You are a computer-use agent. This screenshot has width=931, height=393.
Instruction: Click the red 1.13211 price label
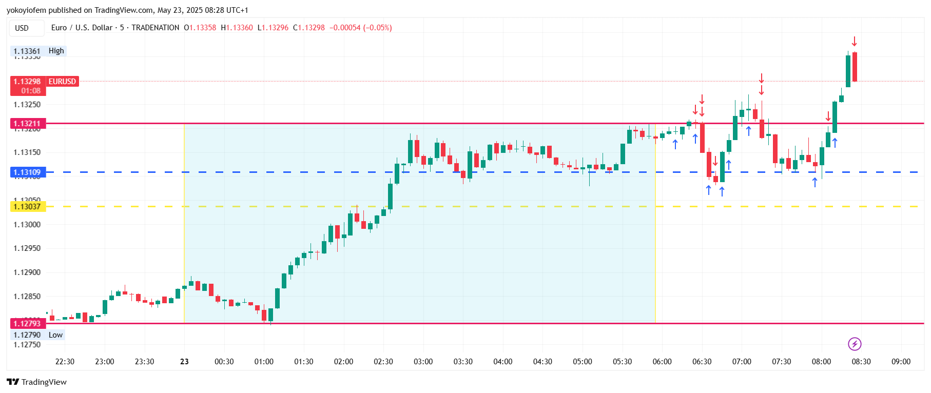click(28, 124)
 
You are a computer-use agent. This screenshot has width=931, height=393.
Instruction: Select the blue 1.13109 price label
click(28, 172)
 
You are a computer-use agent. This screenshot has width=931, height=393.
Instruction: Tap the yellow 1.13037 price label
click(28, 207)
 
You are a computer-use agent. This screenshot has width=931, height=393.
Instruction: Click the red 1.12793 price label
click(28, 323)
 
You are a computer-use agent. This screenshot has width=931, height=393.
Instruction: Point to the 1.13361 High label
click(38, 51)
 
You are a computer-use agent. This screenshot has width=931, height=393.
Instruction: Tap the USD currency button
click(22, 28)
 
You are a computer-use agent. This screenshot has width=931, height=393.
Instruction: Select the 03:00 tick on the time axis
click(423, 362)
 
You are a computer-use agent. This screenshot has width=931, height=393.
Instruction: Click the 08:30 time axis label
click(861, 362)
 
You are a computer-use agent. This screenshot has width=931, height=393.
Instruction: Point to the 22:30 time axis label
click(65, 362)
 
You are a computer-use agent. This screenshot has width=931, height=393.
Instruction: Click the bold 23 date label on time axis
click(184, 362)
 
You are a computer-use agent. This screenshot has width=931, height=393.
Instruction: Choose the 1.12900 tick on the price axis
click(27, 272)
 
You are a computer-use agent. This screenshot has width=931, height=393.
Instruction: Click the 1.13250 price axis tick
click(27, 105)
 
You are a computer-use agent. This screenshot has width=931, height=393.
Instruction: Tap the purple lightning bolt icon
click(855, 344)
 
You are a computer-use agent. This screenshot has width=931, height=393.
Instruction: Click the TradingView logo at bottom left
click(36, 382)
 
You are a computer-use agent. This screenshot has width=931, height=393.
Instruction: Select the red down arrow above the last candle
click(855, 42)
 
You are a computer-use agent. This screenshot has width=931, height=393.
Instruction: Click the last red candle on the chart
click(855, 67)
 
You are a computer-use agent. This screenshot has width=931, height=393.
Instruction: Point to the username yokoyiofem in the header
click(26, 10)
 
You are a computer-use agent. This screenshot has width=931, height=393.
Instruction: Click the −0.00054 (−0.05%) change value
click(360, 28)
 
